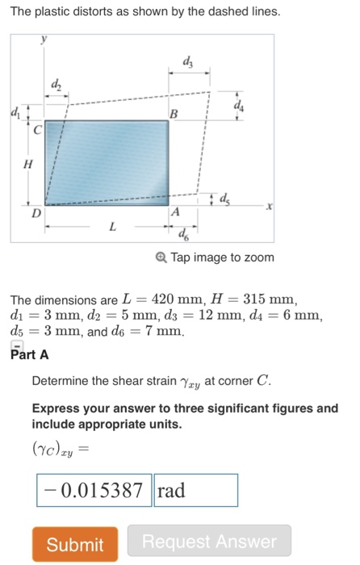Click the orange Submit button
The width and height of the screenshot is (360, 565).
(x=75, y=544)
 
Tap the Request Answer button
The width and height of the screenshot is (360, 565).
(x=209, y=542)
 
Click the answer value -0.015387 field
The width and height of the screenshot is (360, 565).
(x=94, y=491)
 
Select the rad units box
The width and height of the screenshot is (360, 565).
(x=195, y=491)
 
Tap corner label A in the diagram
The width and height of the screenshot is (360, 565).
(x=175, y=211)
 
